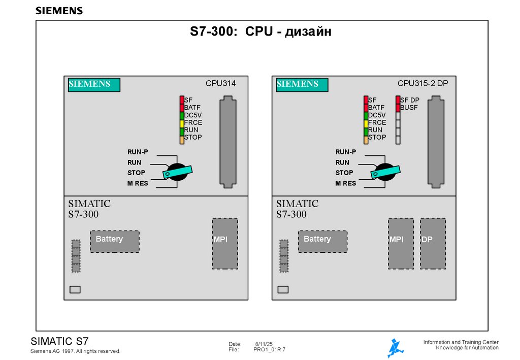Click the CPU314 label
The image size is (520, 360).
[220, 83]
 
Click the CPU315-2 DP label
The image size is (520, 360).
[422, 83]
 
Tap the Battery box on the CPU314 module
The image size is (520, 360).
[115, 241]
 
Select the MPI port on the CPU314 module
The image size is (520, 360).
[225, 244]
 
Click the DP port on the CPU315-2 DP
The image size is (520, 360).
[433, 244]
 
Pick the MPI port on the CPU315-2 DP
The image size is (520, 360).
[401, 244]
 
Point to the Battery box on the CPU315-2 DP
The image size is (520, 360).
[322, 241]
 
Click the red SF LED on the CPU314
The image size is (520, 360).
[182, 100]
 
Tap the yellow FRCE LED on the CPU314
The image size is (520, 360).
[182, 122]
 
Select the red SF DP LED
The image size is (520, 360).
[398, 100]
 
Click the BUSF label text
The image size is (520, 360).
[409, 108]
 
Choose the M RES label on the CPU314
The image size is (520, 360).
[138, 183]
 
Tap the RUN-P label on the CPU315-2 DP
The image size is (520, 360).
[345, 152]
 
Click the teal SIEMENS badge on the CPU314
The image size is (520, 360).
[94, 85]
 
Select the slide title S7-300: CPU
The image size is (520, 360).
[261, 32]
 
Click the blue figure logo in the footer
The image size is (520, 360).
[395, 348]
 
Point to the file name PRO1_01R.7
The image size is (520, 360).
[270, 350]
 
